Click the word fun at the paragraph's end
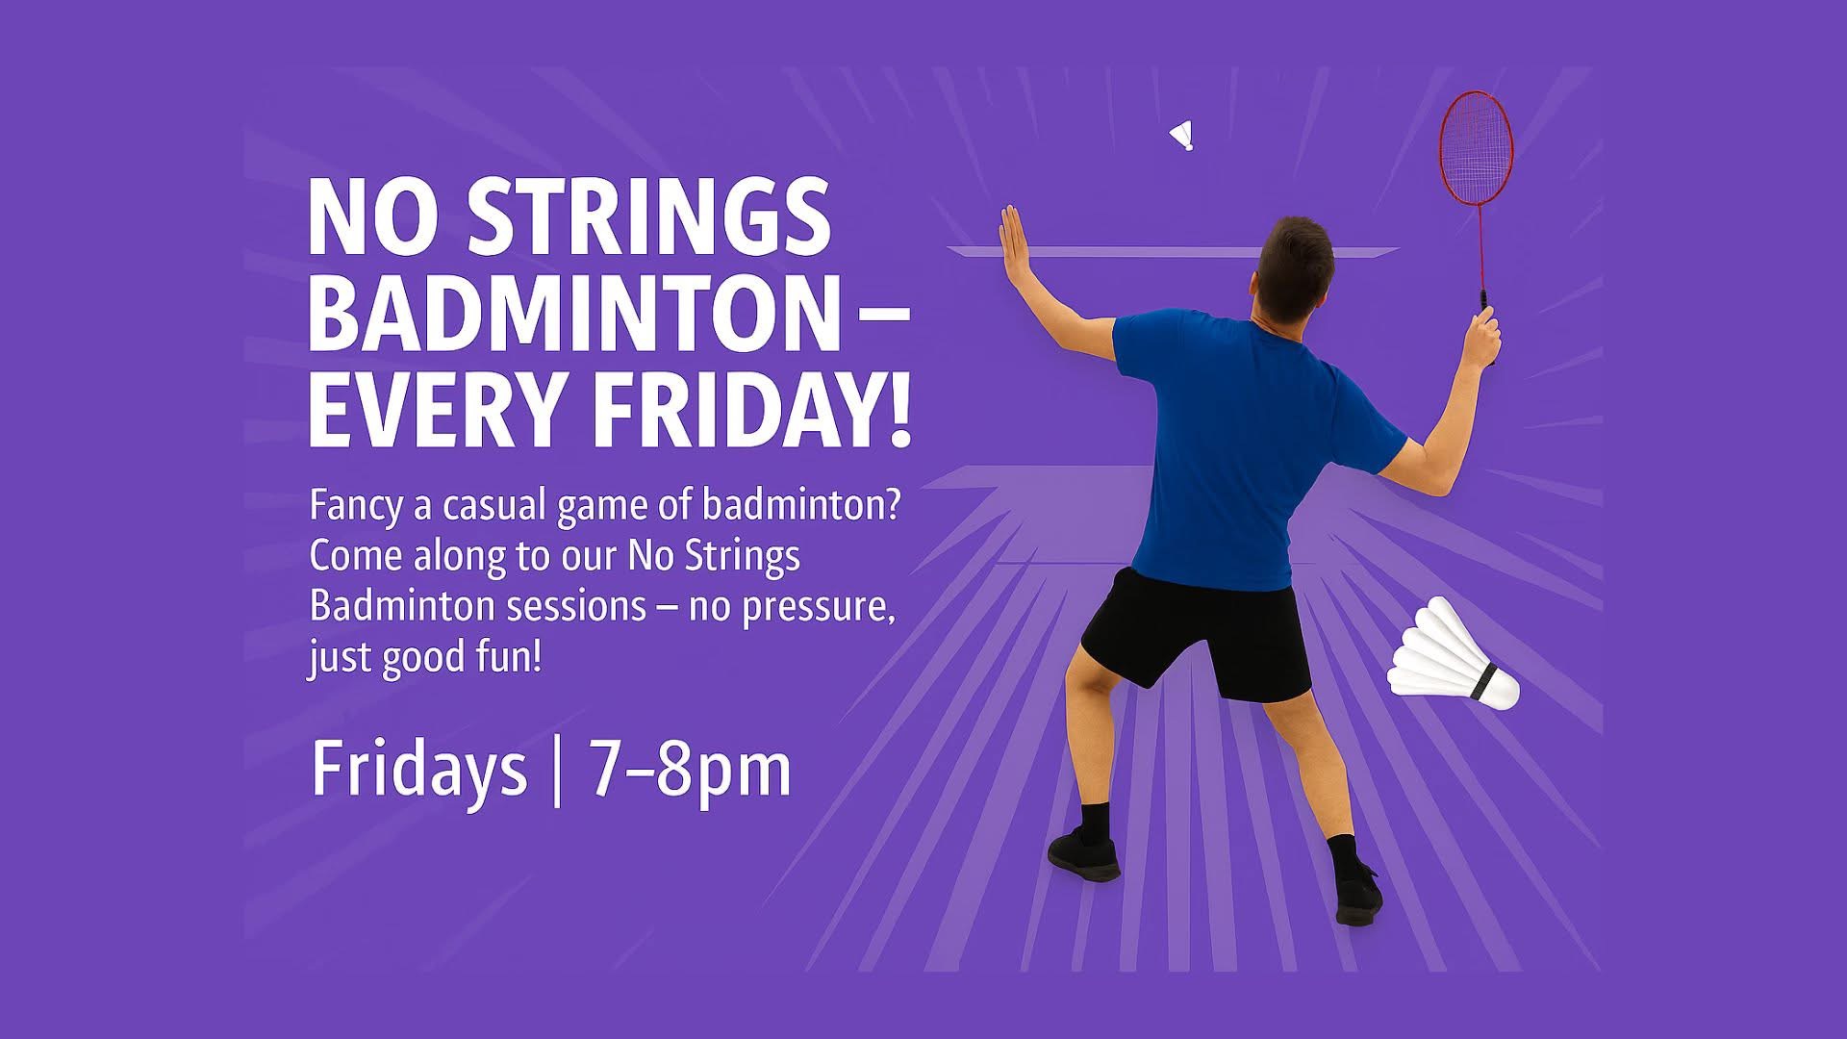503,656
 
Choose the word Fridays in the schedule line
419,770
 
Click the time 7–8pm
690,770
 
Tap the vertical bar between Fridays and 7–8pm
558,772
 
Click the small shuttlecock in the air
1182,136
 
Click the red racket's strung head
1476,148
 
